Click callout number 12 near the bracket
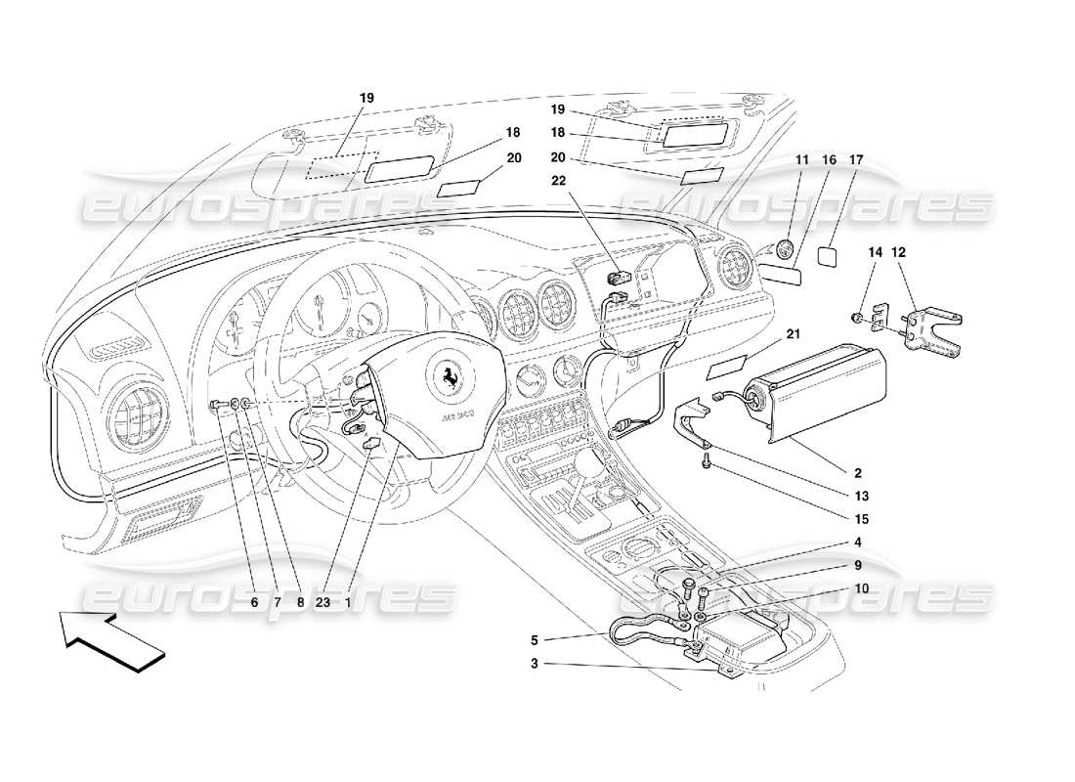click(898, 251)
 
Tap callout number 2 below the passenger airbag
click(829, 472)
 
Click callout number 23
click(322, 603)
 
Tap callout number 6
click(254, 603)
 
